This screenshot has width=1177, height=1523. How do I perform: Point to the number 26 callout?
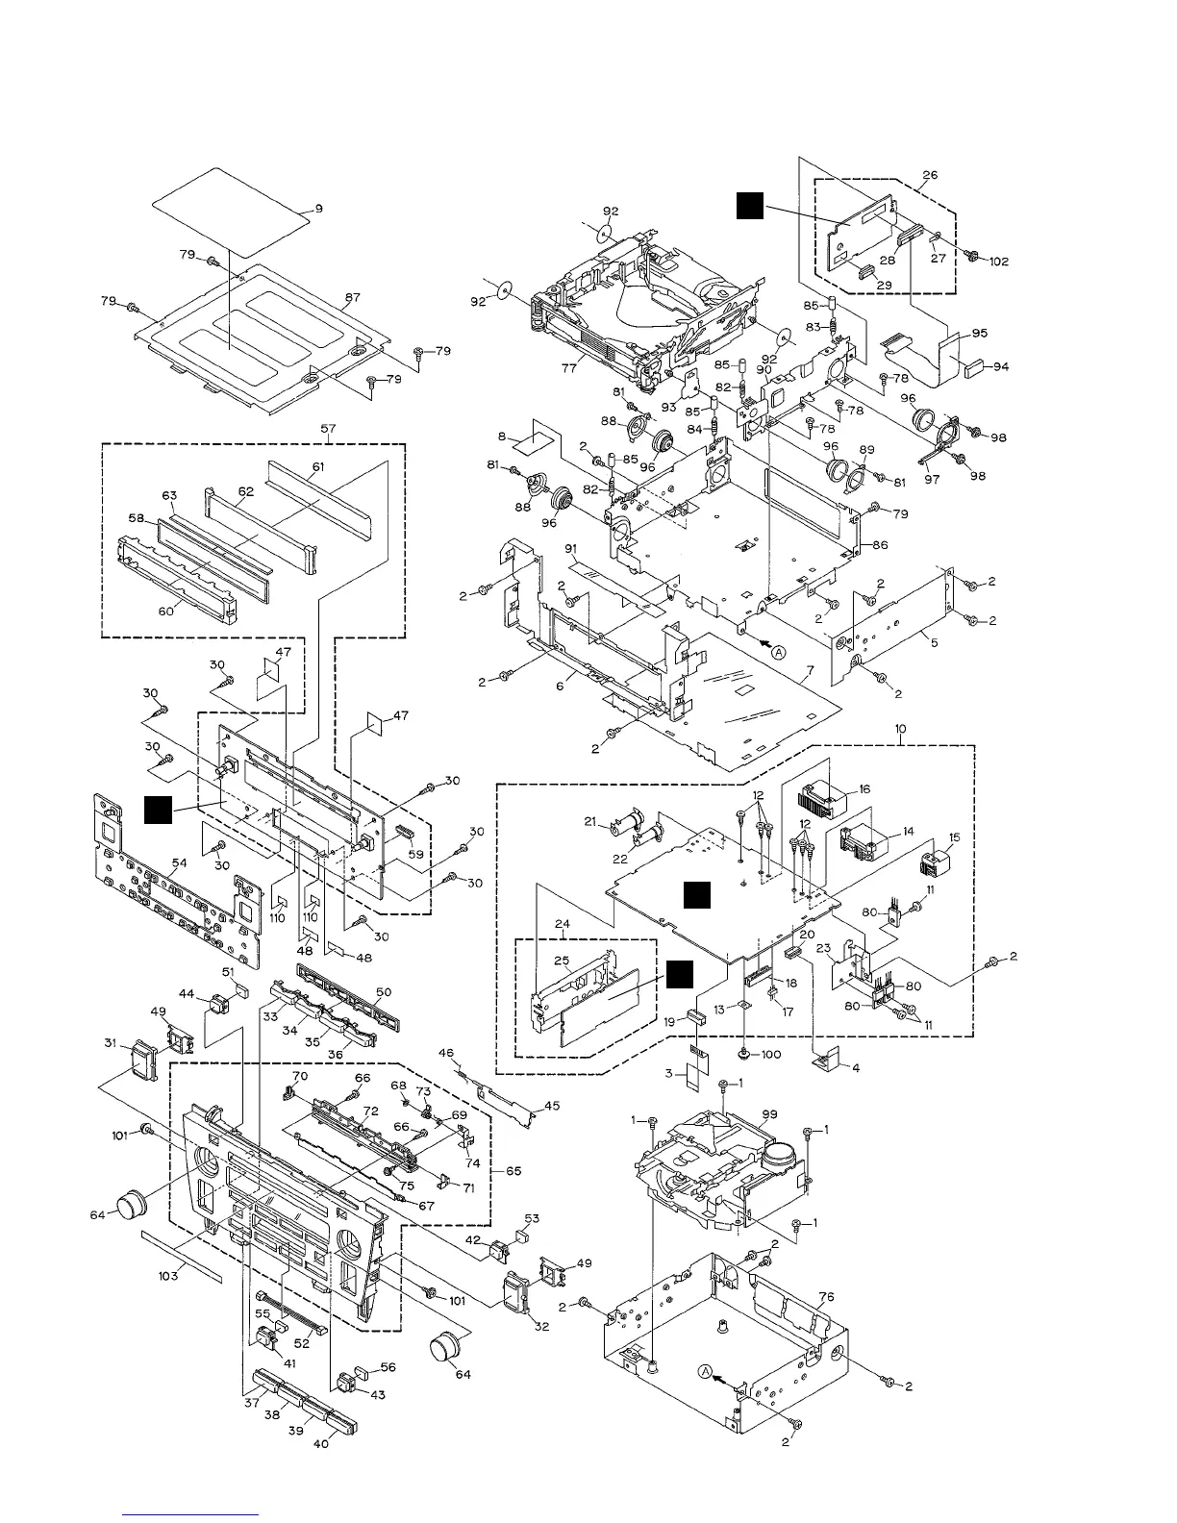click(x=929, y=176)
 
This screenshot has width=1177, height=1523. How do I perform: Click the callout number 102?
click(x=999, y=261)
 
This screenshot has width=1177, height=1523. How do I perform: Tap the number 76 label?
click(x=825, y=1297)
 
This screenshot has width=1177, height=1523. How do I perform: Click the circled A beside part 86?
click(x=779, y=651)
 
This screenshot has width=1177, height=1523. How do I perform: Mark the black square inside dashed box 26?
click(x=750, y=205)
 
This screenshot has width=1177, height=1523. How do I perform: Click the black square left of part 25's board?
click(x=681, y=973)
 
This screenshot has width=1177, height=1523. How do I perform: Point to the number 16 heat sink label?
click(x=865, y=788)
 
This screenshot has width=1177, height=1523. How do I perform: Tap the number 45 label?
click(x=551, y=1107)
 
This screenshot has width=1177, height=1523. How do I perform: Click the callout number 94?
click(x=1001, y=367)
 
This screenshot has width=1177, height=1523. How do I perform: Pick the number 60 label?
click(x=165, y=612)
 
